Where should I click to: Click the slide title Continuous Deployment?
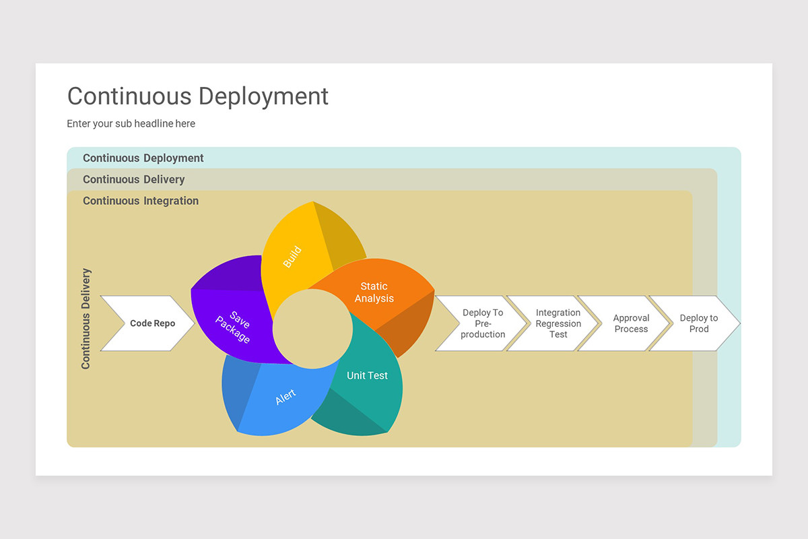(197, 96)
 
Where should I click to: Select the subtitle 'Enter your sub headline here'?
(131, 124)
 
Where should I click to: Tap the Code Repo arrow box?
(147, 323)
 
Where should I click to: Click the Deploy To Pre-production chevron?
(481, 323)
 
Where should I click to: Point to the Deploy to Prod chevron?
(698, 323)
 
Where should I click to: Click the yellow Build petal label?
(292, 257)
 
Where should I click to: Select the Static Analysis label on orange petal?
(374, 292)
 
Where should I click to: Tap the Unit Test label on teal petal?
(367, 376)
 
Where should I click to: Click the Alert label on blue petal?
(285, 398)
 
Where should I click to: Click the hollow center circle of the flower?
(312, 329)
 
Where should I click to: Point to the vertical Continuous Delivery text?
(86, 319)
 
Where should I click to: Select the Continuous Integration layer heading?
(140, 201)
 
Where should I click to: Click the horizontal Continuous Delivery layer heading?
(133, 179)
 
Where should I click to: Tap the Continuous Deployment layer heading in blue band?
(143, 158)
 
